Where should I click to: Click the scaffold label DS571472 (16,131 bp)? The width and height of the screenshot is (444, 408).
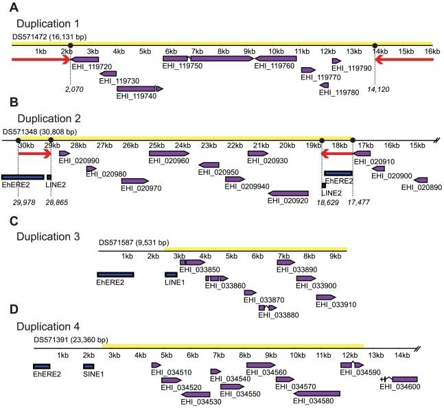(x=51, y=34)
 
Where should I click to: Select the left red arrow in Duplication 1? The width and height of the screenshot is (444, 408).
(x=38, y=60)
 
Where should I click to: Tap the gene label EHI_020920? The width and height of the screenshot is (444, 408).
(x=288, y=202)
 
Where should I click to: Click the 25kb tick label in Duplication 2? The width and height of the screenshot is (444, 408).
(x=156, y=146)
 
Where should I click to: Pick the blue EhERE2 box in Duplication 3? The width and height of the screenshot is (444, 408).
(x=115, y=274)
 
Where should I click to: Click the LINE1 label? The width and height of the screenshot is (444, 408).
(x=175, y=282)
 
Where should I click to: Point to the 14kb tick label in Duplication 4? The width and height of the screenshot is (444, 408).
(x=401, y=355)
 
